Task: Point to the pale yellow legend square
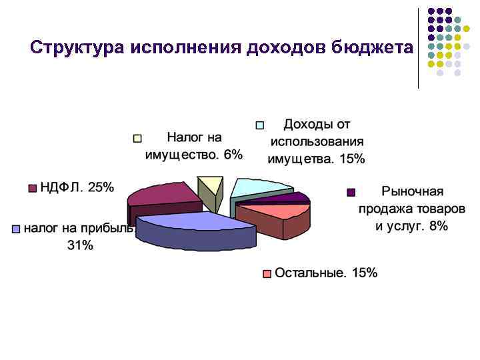coord(138,139)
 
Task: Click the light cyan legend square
coord(261,125)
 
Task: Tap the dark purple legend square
coord(351,193)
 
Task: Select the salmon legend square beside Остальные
coord(267,273)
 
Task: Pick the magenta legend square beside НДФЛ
coord(31,189)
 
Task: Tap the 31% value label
coord(80,245)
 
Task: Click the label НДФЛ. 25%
coord(77,187)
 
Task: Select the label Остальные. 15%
coord(326,273)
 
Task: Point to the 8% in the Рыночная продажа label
coord(438,226)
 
